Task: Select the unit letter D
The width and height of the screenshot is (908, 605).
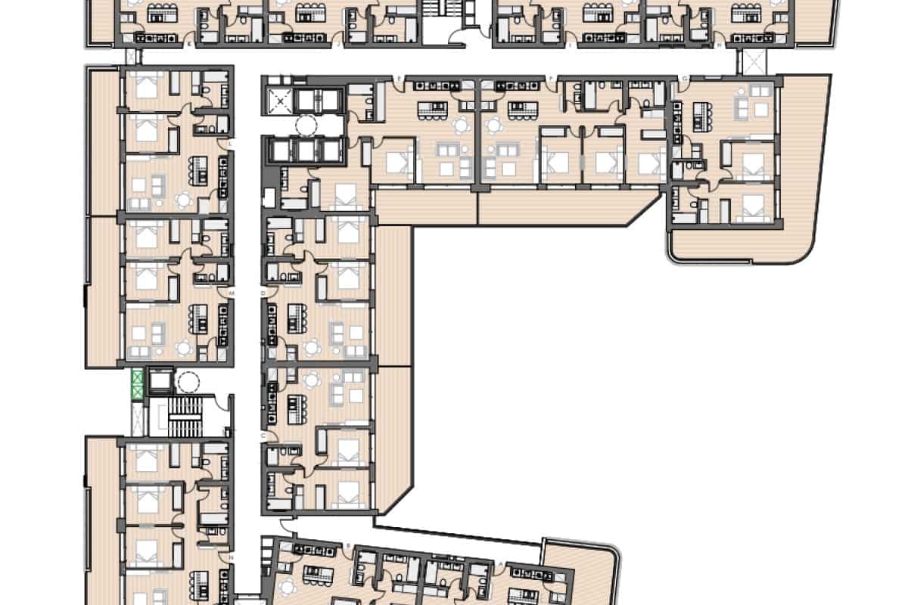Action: click(264, 292)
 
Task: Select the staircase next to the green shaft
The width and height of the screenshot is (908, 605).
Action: click(182, 416)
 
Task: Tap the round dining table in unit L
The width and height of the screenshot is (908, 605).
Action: click(184, 200)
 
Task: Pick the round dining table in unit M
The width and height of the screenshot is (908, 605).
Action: click(184, 347)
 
